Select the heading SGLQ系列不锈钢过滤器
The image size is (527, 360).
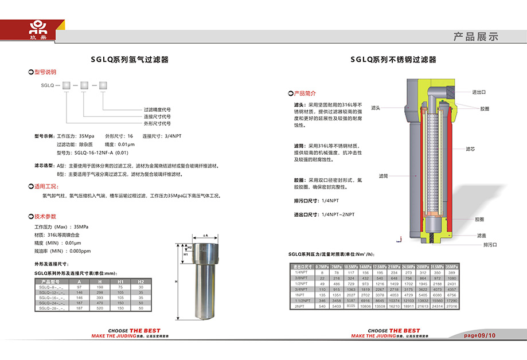[393, 59]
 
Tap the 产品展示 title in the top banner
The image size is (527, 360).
[475, 37]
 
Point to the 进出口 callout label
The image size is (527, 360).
[479, 92]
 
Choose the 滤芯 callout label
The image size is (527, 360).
[470, 148]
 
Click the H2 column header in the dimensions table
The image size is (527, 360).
[141, 282]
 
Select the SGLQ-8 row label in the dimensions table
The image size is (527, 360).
[49, 287]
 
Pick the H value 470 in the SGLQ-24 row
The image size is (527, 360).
[99, 303]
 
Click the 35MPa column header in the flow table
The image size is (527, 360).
[451, 267]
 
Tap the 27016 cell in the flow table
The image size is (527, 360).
[451, 307]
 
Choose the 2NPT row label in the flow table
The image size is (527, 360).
[299, 307]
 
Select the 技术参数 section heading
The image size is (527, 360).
[45, 217]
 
